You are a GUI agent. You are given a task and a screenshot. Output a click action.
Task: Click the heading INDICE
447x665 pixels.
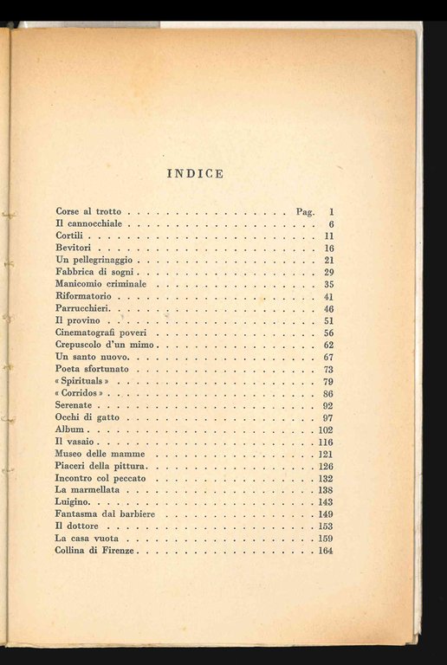[195, 173]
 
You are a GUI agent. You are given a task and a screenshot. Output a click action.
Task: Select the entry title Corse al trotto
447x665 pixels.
[89, 211]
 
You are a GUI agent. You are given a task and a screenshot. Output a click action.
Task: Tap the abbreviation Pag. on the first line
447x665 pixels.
[306, 211]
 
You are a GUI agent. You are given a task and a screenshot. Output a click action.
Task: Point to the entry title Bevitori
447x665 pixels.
[74, 248]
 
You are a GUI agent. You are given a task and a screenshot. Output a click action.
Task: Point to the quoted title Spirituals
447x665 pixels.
[82, 381]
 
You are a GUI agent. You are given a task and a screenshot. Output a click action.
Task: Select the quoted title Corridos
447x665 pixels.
[81, 393]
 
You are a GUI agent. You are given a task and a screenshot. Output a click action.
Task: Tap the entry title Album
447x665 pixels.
[68, 429]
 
